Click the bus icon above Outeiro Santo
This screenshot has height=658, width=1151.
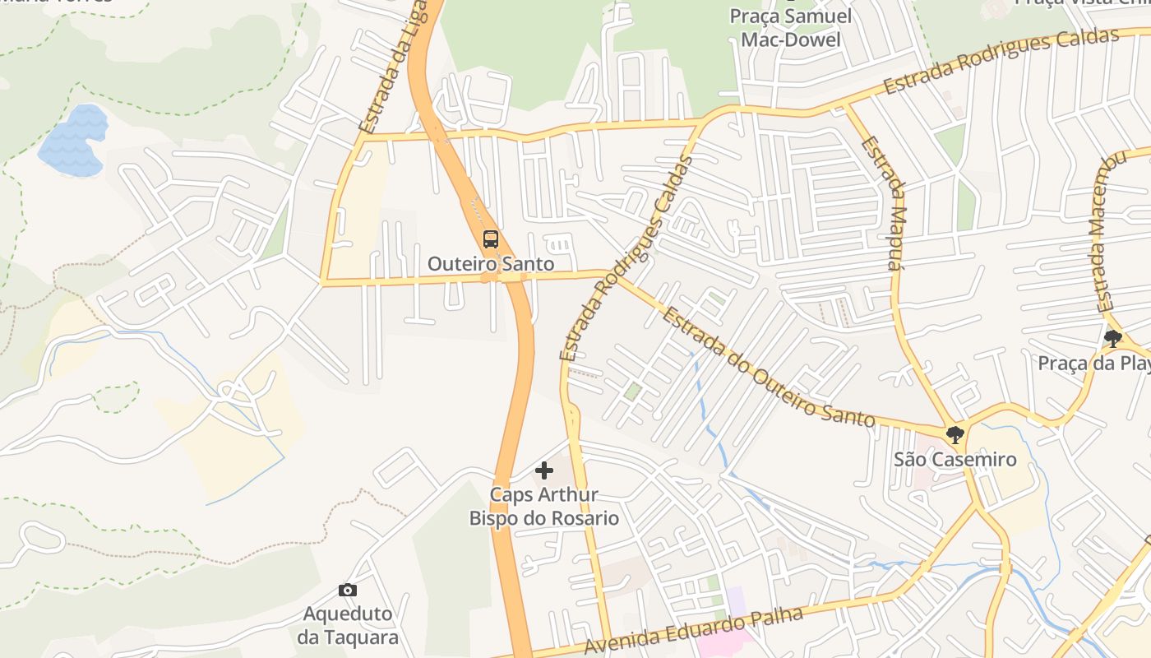[x=491, y=239]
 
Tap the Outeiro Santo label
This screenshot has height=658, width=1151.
[x=491, y=264]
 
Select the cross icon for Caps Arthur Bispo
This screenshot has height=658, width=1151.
[x=544, y=470]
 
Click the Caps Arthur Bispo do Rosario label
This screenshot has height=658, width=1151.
[x=543, y=507]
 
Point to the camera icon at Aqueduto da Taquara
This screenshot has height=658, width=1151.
[x=348, y=590]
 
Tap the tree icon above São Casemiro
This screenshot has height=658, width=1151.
[x=955, y=434]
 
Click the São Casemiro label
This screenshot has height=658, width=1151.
[x=955, y=460]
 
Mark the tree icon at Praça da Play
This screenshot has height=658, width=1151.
[x=1113, y=338]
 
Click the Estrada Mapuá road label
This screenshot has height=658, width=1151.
[x=884, y=204]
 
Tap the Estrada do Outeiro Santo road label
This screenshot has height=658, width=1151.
[x=769, y=368]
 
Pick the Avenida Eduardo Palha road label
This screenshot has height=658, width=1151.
[x=692, y=629]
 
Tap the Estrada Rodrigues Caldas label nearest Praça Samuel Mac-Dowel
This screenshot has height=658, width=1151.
[x=1001, y=62]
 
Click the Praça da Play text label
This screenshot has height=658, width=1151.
[x=1093, y=363]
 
